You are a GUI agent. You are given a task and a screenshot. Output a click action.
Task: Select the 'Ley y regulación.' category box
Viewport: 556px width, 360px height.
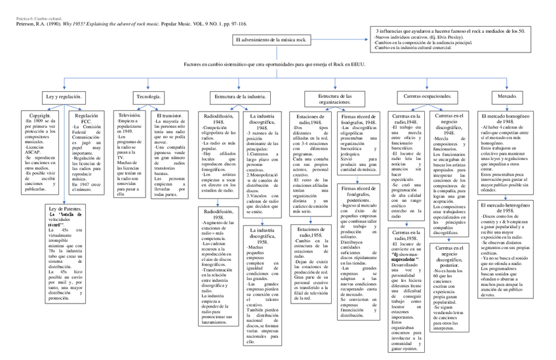(x=64, y=96)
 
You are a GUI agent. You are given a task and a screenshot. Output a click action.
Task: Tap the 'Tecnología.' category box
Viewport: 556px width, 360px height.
(x=148, y=96)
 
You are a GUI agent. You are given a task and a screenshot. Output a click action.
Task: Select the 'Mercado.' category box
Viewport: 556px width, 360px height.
(x=508, y=96)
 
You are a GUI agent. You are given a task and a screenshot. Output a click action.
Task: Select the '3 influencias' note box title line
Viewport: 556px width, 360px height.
(x=450, y=31)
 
